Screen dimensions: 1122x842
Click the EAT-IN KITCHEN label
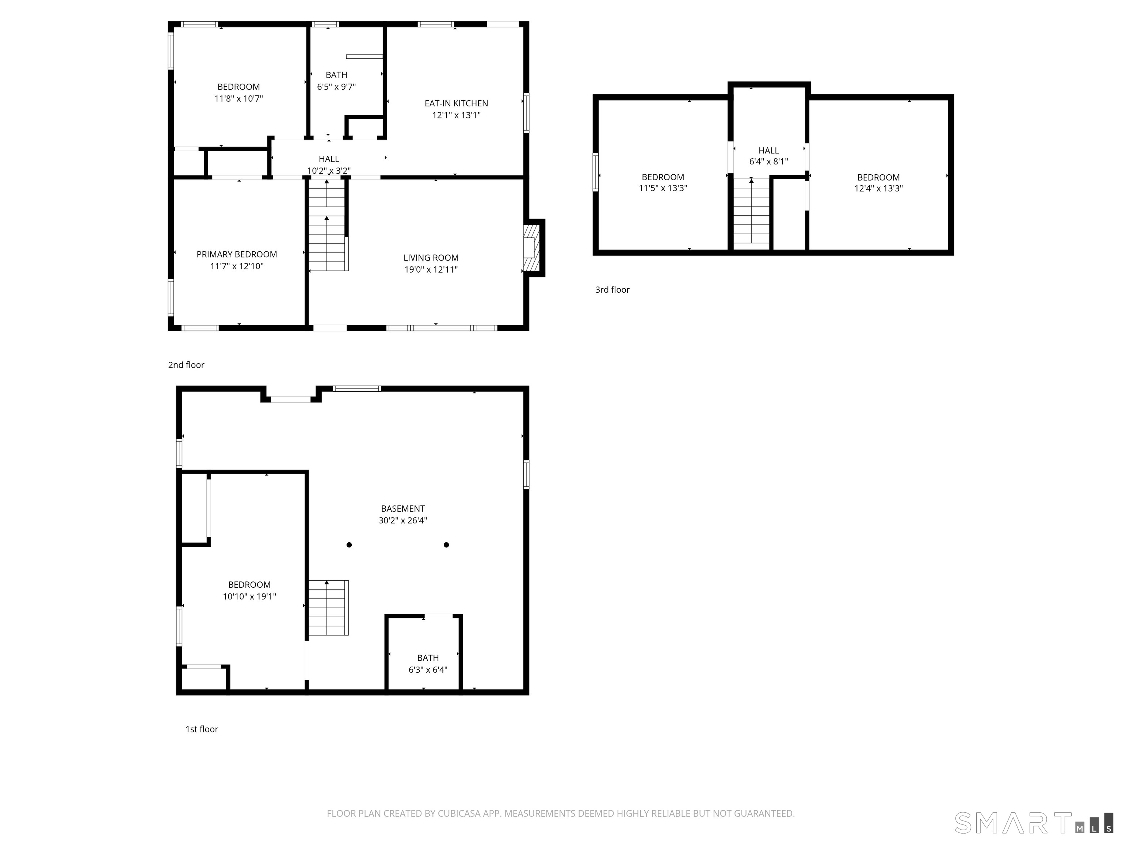click(456, 103)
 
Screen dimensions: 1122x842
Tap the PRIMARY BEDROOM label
click(237, 254)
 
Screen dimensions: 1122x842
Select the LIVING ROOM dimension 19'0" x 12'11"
click(431, 269)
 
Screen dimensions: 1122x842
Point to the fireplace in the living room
click(534, 248)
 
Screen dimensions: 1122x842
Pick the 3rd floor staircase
click(752, 211)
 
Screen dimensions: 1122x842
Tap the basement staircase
click(329, 607)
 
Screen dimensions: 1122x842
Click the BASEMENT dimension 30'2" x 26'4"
click(403, 520)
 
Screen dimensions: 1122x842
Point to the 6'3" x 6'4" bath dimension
click(428, 670)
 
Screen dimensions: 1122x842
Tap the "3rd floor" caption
click(612, 290)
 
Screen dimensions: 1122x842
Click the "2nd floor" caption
click(186, 365)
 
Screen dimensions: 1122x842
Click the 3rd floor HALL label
click(768, 151)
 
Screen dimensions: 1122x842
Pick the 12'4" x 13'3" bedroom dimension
click(878, 188)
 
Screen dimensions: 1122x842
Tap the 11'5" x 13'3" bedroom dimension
click(663, 188)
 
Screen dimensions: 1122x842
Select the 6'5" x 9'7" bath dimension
click(336, 87)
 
